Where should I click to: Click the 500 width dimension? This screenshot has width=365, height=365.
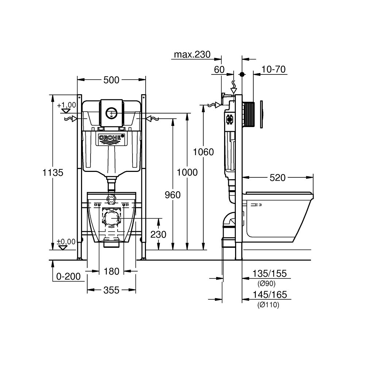coord(111,80)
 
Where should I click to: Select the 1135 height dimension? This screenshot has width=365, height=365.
coord(53,172)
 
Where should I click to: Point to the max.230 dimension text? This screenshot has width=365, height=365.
coord(192,55)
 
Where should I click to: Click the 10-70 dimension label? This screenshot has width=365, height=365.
coord(273,69)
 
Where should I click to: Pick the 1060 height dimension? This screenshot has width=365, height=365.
coord(203,152)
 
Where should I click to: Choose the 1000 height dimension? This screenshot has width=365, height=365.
coord(187,172)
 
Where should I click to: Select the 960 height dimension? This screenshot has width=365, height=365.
coord(172,195)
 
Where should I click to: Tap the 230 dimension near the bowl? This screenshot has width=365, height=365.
coord(158,234)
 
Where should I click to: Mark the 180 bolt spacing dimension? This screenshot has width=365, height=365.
coord(111,272)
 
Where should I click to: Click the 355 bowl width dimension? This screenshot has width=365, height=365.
coord(111,290)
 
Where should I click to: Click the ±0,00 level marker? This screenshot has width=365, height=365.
coord(66,242)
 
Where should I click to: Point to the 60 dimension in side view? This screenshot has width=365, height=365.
coord(219,70)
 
